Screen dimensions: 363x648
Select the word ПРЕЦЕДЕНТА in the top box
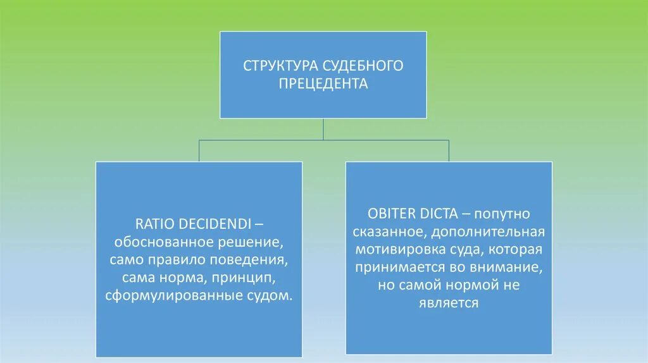tap(323, 83)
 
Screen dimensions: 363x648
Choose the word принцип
tap(244, 278)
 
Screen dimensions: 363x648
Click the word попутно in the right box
tap(506, 214)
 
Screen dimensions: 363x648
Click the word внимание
tap(510, 267)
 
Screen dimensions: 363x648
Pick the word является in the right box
tap(448, 303)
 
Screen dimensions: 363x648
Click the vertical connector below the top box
tap(323, 129)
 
